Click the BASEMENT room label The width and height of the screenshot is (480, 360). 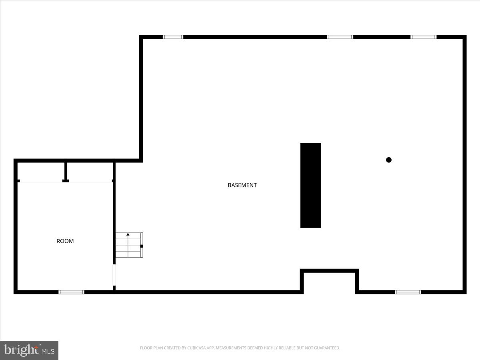point(242,185)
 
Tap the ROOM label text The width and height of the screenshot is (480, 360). point(65,241)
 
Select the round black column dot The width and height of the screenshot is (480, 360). point(388,160)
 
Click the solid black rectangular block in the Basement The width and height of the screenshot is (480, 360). point(310,185)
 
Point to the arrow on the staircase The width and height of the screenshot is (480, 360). point(128,234)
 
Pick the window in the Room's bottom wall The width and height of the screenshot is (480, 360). point(72,292)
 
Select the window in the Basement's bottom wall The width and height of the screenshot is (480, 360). point(408,292)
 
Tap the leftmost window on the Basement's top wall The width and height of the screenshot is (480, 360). point(173,37)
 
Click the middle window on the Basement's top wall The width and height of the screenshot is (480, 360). point(340,37)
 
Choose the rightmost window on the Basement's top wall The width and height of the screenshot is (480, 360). point(424,37)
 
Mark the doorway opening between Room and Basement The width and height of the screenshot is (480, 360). point(114,275)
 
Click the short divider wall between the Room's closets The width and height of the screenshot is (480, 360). point(66,172)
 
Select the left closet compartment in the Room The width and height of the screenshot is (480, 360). point(41,172)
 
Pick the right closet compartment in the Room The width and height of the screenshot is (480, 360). point(90,172)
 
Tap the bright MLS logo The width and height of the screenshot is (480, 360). point(29,350)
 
